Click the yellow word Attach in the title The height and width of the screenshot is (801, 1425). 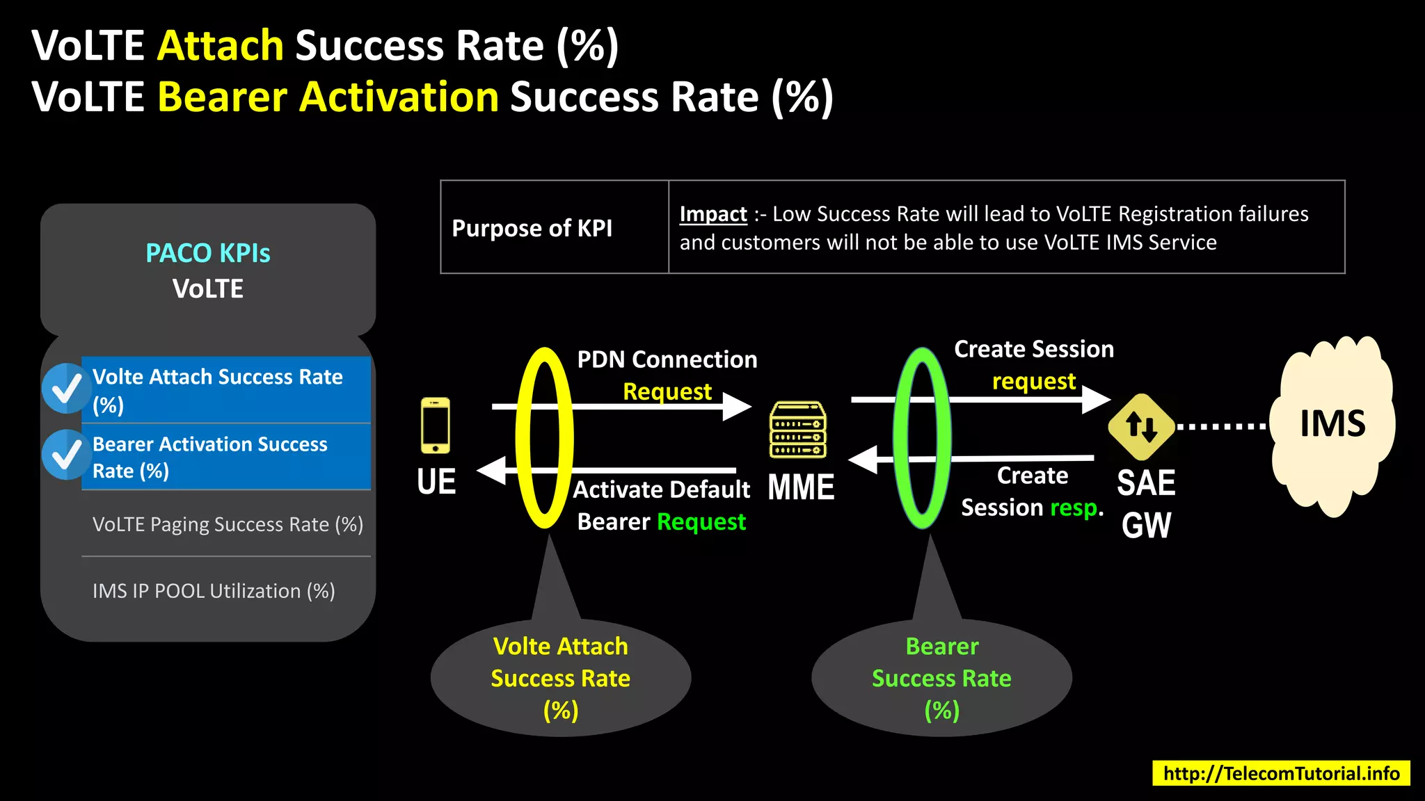pos(221,46)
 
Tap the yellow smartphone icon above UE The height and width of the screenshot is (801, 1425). pos(436,426)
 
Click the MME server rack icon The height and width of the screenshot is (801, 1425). pos(798,430)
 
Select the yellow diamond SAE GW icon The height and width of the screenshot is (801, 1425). pos(1141,426)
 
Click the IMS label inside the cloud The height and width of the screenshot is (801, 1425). pos(1332,423)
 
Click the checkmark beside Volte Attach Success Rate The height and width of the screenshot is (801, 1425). pos(67,389)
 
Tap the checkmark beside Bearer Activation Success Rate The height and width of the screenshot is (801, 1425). pos(67,455)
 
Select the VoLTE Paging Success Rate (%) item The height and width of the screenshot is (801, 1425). pos(228,524)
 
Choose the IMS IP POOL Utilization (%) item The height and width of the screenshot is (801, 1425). pos(214,591)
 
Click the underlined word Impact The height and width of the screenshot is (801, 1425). pos(712,213)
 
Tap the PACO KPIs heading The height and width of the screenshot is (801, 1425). pos(207,253)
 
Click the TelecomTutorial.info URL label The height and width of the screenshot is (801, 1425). pos(1281,773)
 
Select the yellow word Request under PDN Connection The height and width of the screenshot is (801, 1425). pos(667,391)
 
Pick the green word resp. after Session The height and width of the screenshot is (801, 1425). pos(1076,508)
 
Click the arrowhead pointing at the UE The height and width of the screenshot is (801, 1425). pos(491,471)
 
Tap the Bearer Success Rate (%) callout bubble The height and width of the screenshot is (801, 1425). pos(941,678)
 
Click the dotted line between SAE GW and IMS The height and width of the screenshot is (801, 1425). pos(1221,426)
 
